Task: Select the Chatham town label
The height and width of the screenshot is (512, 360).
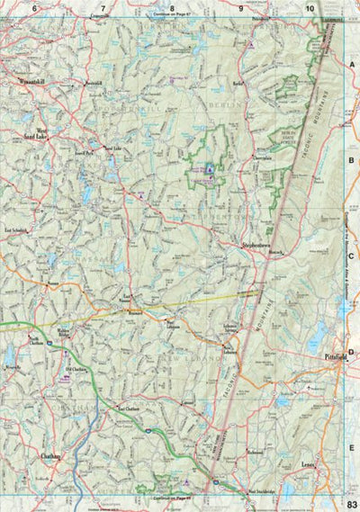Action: [49, 456]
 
